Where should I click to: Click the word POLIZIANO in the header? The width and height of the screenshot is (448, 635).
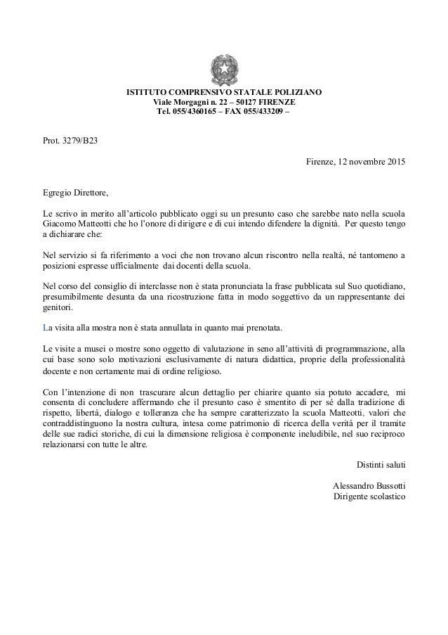pos(297,93)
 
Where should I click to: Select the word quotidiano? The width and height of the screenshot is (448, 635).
pos(383,286)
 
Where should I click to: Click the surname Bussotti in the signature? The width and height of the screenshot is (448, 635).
pos(390,487)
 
